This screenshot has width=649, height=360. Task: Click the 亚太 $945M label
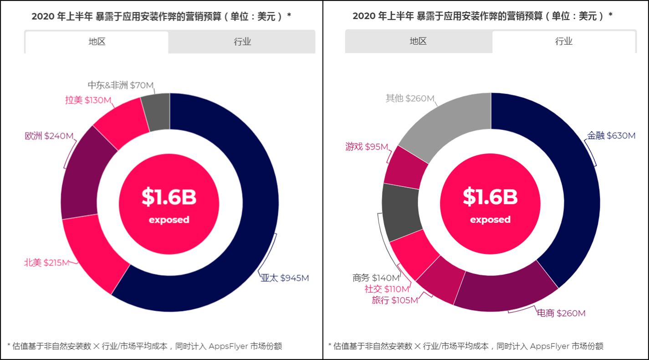tap(285, 278)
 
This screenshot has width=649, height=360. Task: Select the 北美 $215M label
tap(46, 263)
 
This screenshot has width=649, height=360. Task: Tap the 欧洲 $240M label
tap(49, 136)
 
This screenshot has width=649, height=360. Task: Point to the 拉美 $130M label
tap(88, 100)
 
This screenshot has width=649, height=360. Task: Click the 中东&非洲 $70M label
tap(121, 85)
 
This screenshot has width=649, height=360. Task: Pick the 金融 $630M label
tap(611, 136)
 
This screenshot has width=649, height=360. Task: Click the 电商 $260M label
tap(561, 314)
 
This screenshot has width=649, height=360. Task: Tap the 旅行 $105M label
tap(394, 300)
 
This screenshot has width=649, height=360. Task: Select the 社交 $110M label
tap(387, 289)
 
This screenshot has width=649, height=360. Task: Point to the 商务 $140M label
tap(376, 278)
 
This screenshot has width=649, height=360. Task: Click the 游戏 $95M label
tap(367, 147)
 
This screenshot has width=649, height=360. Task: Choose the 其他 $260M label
tap(410, 98)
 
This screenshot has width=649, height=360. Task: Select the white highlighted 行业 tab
tap(564, 42)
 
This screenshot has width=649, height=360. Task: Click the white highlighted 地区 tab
tap(97, 42)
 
